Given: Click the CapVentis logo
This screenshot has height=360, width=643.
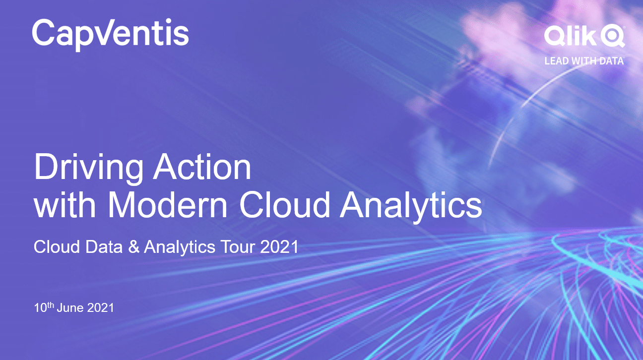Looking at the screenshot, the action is coord(111,34).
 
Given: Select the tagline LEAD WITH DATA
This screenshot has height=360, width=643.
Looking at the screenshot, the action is coord(584,61).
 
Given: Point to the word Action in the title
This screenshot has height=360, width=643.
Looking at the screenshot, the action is coord(202,167).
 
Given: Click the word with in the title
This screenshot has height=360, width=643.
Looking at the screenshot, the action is coord(64,204).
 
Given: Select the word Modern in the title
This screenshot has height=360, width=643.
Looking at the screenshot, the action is coord(168,204).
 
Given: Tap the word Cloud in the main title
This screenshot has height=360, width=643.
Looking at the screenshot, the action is coord(284,204).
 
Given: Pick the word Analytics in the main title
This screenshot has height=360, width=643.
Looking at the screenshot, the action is coord(411,207).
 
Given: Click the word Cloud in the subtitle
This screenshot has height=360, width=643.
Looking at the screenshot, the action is coord(57,246).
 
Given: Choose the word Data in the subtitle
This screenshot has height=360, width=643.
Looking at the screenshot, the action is coord(104,246).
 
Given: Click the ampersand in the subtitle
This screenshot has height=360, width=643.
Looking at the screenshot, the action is coord(134,246).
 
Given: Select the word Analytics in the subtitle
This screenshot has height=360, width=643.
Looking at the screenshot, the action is coord(180,247).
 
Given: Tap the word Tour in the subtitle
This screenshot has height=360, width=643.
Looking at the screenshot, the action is coord(237,247).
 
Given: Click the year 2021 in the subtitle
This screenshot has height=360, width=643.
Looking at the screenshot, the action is coord(279,247).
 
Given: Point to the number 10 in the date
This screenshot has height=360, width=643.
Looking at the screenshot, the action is coord(40,308).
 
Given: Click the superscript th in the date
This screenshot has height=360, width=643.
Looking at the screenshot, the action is coord(50,305).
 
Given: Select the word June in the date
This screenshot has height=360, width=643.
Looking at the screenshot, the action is coord(70,308).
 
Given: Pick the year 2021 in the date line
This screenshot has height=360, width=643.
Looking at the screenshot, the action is coord(100,308).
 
